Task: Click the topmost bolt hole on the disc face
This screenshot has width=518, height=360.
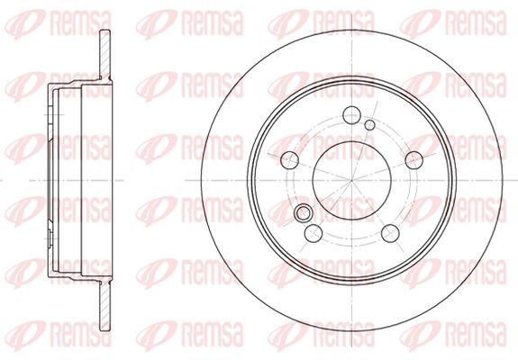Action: point(351,115)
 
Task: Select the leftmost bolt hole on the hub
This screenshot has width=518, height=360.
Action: point(289,160)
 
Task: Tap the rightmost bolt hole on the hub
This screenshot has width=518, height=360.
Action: point(413,160)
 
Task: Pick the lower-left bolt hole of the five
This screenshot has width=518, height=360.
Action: point(314,233)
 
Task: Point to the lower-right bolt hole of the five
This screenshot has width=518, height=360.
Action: point(390,233)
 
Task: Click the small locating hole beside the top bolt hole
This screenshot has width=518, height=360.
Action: point(369,125)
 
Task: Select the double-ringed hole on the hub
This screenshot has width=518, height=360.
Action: point(303,212)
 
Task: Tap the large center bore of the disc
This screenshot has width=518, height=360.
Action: point(352,181)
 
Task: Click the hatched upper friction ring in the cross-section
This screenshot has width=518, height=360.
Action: point(105,56)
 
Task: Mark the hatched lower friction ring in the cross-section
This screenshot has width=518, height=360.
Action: point(105,305)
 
